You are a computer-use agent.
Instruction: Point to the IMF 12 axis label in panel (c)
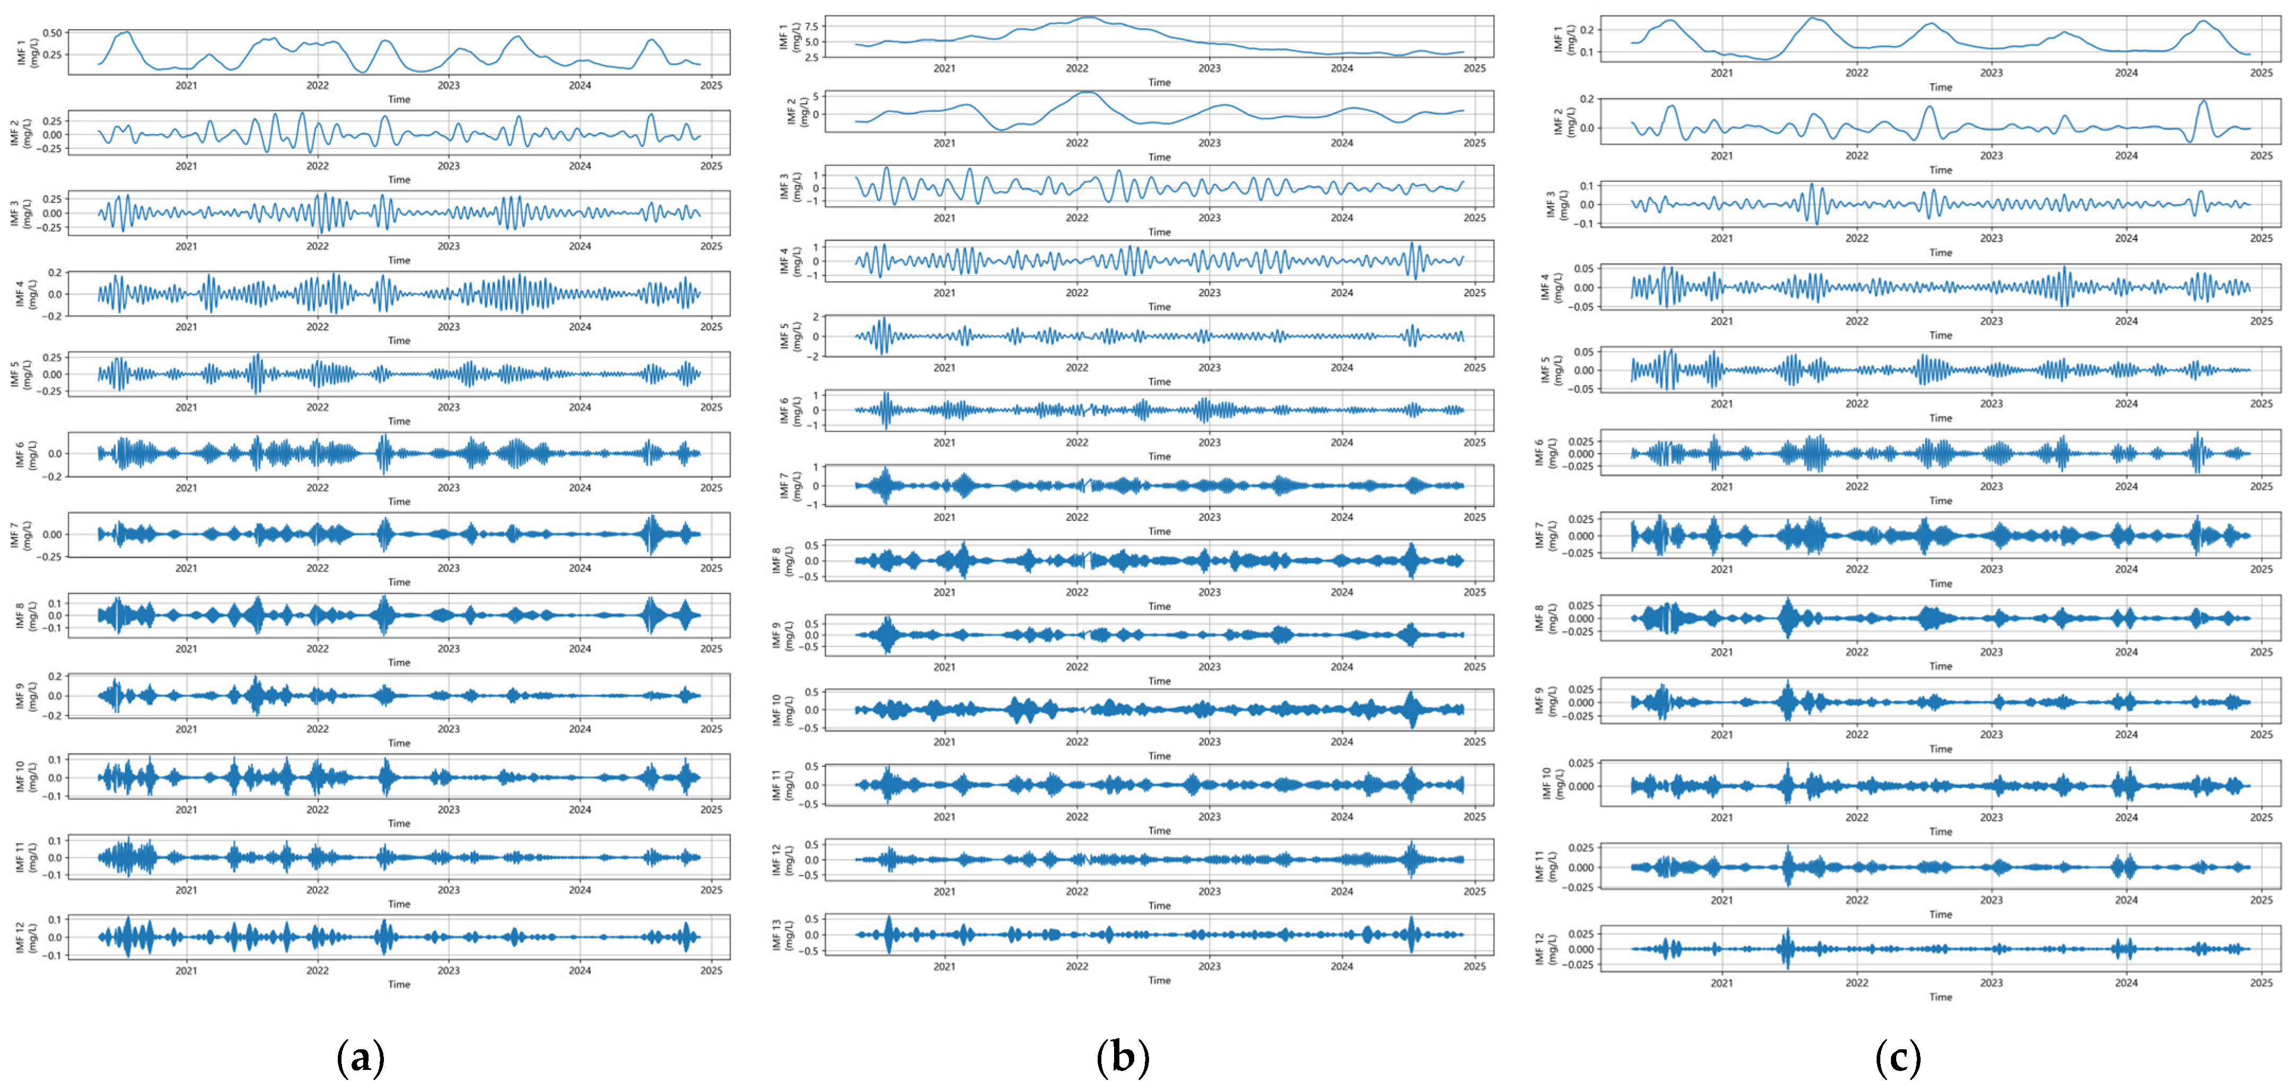click(1546, 949)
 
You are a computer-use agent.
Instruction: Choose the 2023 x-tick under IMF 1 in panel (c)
click(1991, 73)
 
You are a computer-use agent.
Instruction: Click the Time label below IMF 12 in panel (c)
click(1940, 996)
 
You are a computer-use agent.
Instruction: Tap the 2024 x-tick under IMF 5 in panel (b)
click(1342, 367)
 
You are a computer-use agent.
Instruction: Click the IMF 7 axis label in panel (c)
click(1546, 536)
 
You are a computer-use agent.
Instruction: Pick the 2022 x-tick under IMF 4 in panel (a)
click(317, 327)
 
